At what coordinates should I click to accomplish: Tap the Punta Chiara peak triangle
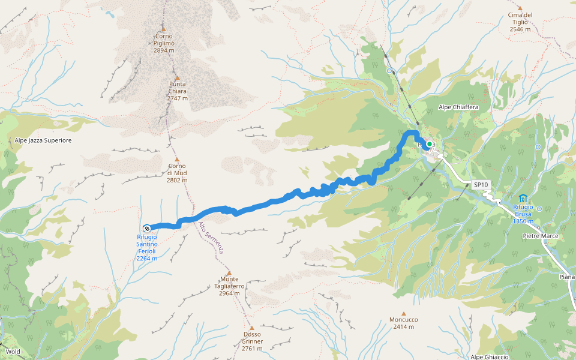click(x=177, y=77)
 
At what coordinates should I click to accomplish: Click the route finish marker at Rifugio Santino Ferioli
click(x=146, y=227)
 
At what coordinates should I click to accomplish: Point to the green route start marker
click(x=430, y=144)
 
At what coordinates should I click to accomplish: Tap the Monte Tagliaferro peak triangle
click(x=229, y=272)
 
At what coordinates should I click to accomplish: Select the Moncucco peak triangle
click(x=404, y=313)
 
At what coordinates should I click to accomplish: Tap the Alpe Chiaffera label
click(x=458, y=107)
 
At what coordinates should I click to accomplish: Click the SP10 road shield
click(x=480, y=185)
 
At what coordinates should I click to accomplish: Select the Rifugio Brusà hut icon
click(x=523, y=198)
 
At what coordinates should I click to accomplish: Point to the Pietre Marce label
click(x=540, y=236)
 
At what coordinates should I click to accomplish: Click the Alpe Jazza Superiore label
click(x=43, y=140)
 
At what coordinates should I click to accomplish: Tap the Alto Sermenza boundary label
click(x=211, y=238)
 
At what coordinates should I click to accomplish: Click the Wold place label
click(x=13, y=352)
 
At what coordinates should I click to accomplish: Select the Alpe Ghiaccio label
click(x=490, y=357)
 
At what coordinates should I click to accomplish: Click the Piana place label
click(x=566, y=277)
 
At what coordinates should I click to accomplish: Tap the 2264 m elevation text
click(x=146, y=259)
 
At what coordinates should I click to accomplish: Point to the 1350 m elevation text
click(x=523, y=221)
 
